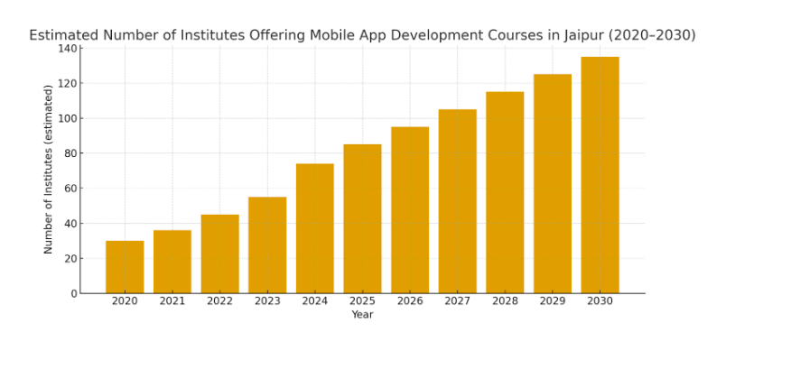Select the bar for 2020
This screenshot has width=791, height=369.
[125, 267]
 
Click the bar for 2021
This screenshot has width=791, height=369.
[172, 262]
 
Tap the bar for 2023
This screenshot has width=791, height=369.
[267, 245]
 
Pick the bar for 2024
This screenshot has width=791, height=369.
[315, 228]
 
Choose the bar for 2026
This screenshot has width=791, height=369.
[410, 210]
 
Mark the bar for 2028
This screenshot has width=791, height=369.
[505, 192]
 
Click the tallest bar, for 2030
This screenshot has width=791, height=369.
[600, 175]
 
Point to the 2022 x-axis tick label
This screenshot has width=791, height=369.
[219, 301]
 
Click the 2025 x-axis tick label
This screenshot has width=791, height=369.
[362, 301]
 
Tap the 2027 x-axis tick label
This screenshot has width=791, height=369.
[457, 301]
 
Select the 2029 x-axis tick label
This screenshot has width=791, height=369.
[553, 301]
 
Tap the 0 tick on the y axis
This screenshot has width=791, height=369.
[73, 294]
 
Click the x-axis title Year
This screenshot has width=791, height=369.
[362, 315]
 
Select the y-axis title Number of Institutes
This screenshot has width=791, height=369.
[49, 169]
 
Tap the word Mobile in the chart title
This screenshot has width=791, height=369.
[333, 35]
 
